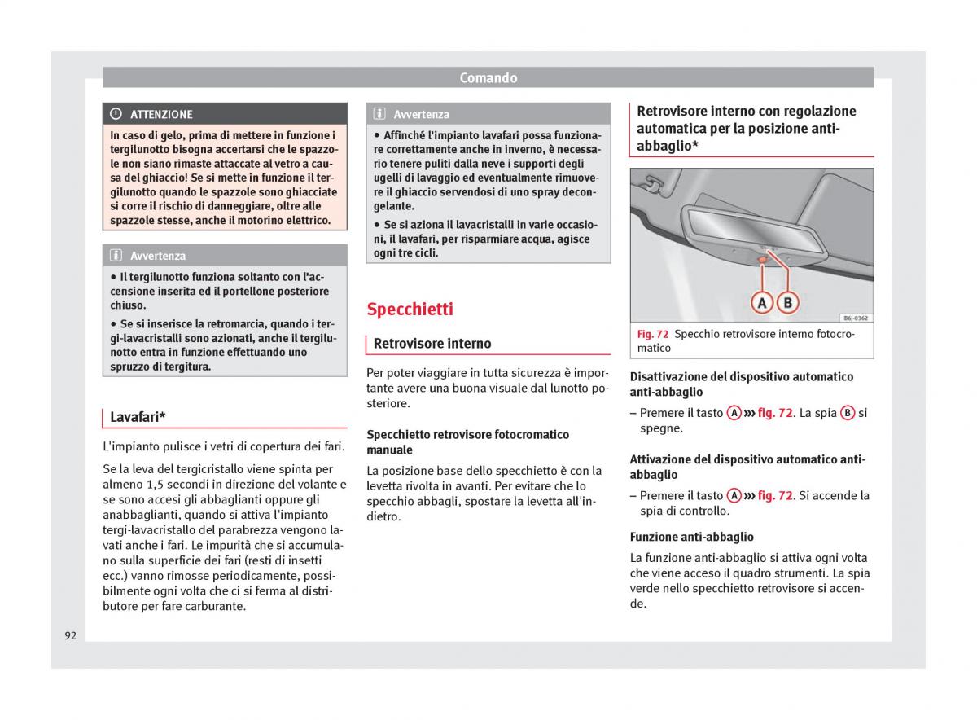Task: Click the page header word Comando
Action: point(488,78)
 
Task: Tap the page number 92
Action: point(71,635)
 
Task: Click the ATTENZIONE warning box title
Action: point(161,115)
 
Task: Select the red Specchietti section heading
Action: point(410,310)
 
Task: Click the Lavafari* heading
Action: point(138,418)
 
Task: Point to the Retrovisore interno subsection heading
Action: point(432,344)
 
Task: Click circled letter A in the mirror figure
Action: point(762,303)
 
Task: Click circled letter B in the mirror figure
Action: point(787,303)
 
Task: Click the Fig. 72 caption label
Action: point(652,334)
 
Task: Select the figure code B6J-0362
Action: point(854,318)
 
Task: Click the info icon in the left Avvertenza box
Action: point(116,256)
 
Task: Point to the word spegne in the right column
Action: point(661,428)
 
